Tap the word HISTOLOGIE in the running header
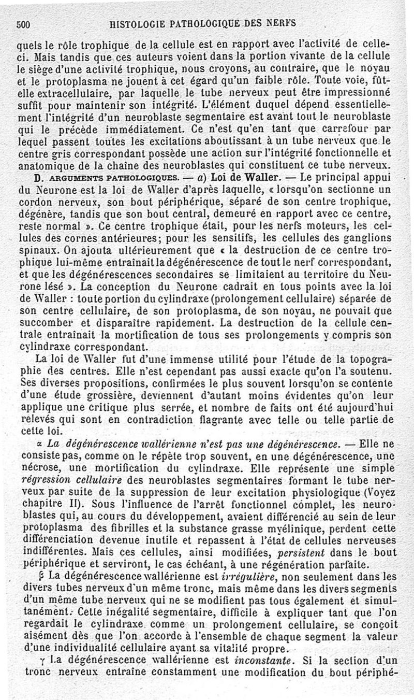pyautogui.click(x=135, y=23)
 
